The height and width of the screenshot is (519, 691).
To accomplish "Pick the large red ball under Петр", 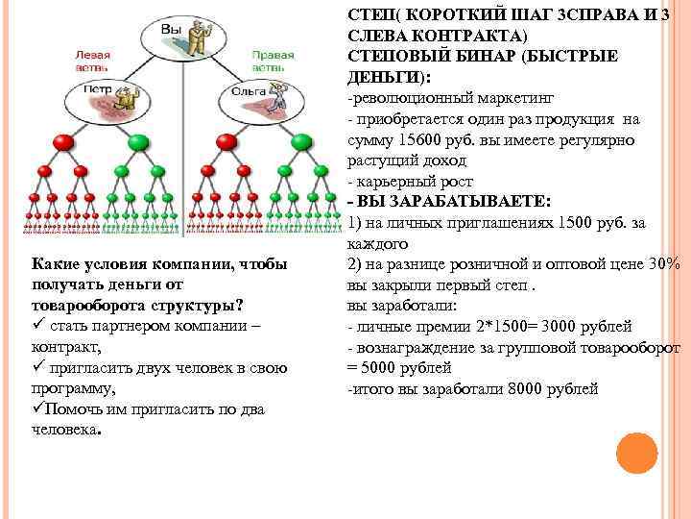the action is tap(65, 143).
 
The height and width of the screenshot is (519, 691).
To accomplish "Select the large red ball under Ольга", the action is tap(226, 143).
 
